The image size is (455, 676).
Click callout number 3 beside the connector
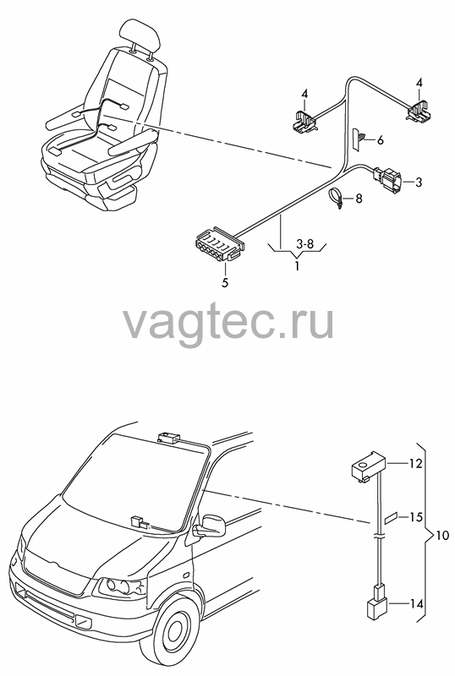[419, 182]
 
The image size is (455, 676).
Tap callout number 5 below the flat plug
[225, 282]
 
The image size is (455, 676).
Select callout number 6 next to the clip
[380, 140]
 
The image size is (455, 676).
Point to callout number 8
[359, 199]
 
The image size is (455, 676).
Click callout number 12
[416, 464]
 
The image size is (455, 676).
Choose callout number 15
[416, 516]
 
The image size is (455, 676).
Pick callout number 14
[416, 604]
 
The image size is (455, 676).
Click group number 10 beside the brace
[442, 536]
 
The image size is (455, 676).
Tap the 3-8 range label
[305, 244]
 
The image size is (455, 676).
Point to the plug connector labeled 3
[387, 179]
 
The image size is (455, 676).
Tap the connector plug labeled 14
[377, 602]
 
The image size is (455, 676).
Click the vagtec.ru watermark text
[228, 323]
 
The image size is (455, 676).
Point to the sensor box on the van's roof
[169, 438]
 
